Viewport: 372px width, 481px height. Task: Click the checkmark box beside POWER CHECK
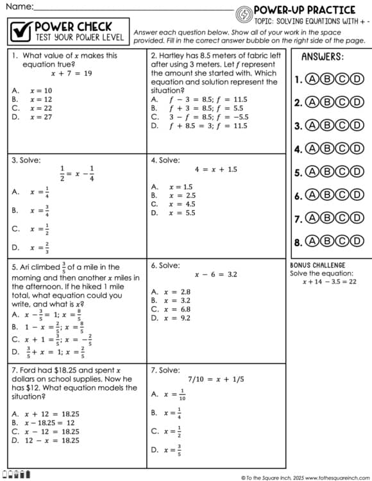22,31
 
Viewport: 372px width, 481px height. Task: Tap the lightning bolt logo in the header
244,14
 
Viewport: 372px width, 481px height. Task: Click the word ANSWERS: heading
322,56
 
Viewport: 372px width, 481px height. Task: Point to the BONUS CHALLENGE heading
317,265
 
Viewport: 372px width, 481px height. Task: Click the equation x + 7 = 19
71,73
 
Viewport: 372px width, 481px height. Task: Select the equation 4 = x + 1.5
216,169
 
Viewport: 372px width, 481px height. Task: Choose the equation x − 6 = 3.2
216,274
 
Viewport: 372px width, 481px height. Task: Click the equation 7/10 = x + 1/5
216,379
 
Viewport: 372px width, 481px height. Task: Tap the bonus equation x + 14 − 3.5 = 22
329,282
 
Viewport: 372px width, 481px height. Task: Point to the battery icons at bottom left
17,475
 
